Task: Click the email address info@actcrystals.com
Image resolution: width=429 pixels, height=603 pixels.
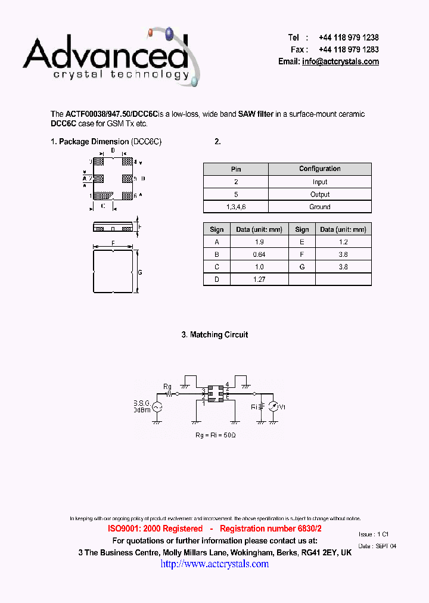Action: point(340,61)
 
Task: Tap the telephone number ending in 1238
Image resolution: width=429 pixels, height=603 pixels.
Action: point(349,37)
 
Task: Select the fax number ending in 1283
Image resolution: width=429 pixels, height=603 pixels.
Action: point(349,49)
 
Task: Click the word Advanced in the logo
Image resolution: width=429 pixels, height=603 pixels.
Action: point(105,54)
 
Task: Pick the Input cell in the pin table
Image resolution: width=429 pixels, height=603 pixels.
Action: point(320,182)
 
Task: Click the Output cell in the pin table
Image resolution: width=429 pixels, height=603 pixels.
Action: point(320,194)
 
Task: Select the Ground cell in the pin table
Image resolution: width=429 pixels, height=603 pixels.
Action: point(320,207)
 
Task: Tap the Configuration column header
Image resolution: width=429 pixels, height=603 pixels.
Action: point(320,169)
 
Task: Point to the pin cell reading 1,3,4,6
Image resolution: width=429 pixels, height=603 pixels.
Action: point(236,207)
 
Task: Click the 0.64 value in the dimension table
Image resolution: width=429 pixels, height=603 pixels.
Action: point(259,254)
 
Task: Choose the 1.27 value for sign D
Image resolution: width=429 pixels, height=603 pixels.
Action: point(259,279)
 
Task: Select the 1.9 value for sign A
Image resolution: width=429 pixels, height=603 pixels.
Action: point(259,242)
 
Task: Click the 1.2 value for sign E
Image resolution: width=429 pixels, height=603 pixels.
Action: point(343,242)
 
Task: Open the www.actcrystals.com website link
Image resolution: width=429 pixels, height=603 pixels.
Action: point(214,564)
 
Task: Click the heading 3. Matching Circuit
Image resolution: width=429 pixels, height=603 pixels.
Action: point(214,335)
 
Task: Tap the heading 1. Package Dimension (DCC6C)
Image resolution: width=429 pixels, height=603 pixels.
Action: point(106,142)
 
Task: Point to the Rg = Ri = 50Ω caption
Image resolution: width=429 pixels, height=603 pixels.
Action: point(215,436)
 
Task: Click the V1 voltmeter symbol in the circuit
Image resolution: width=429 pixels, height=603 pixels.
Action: point(273,407)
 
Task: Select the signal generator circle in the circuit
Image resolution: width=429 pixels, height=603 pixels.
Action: point(157,407)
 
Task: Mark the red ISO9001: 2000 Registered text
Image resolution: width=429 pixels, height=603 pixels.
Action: point(155,529)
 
